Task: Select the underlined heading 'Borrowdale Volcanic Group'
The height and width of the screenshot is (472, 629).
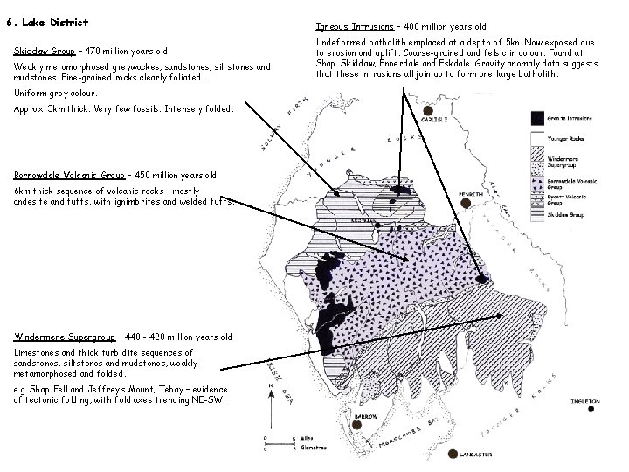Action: click(71, 174)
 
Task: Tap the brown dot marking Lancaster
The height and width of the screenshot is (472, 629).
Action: click(453, 455)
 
